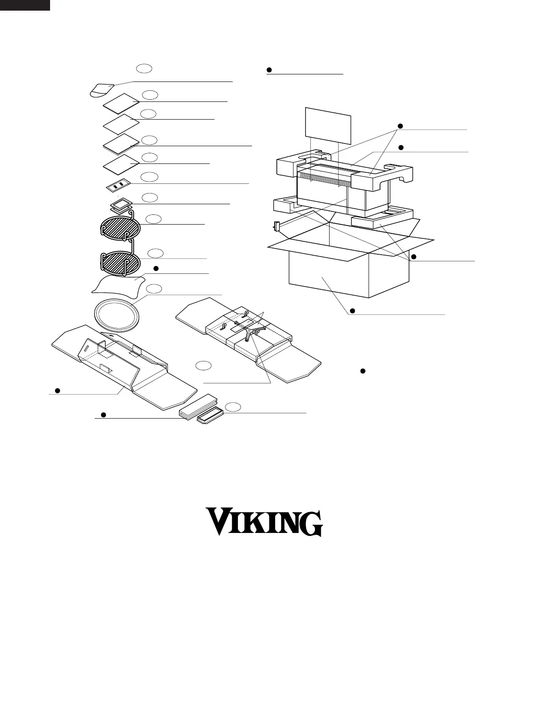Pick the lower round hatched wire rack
tap(120, 260)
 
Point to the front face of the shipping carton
tap(328, 275)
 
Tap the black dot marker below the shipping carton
tap(352, 311)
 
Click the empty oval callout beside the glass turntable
tap(153, 289)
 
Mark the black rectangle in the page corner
tap(25, 5)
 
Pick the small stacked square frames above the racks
tap(120, 205)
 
